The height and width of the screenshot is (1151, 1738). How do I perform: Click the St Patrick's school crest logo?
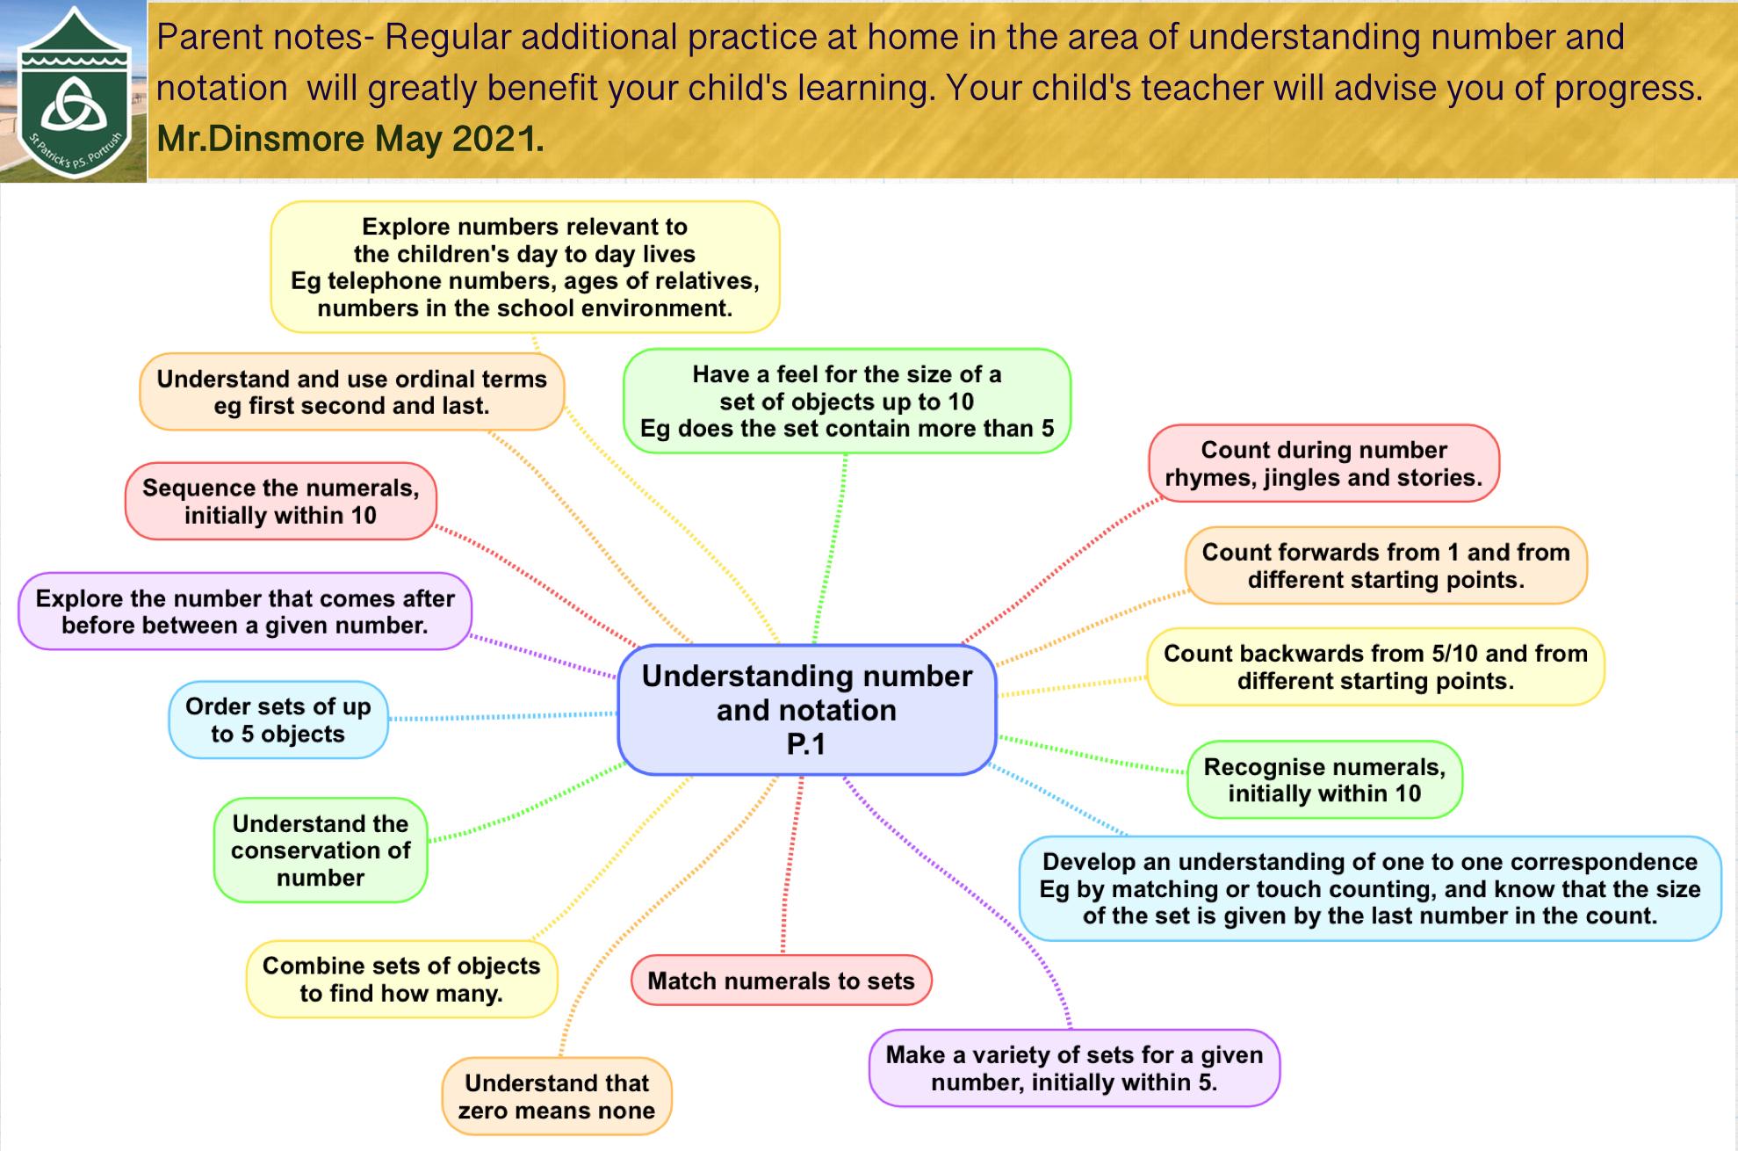pos(75,92)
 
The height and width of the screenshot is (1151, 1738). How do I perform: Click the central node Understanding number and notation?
pos(807,710)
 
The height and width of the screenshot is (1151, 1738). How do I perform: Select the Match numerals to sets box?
pos(781,981)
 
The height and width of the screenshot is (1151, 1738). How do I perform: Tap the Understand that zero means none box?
pos(557,1097)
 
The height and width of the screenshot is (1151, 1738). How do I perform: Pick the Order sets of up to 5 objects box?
pos(278,720)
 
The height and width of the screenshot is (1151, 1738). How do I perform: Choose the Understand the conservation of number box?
pos(321,851)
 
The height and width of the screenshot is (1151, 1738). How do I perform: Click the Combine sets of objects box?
pos(401,979)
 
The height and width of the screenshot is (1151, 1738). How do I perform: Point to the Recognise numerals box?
pos(1324,780)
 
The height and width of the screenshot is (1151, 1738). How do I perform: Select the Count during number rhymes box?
pos(1323,463)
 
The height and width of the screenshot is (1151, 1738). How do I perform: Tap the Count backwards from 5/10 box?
pos(1375,667)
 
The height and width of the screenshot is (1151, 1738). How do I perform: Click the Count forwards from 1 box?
pos(1386,566)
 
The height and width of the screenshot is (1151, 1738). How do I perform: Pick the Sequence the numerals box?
pos(281,501)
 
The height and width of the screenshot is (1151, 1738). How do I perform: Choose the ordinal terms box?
pos(351,392)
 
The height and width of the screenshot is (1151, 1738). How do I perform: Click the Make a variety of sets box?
pos(1074,1068)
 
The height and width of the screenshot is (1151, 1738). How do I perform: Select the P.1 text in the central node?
pos(806,744)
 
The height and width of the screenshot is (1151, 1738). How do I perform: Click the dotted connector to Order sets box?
pos(503,716)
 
